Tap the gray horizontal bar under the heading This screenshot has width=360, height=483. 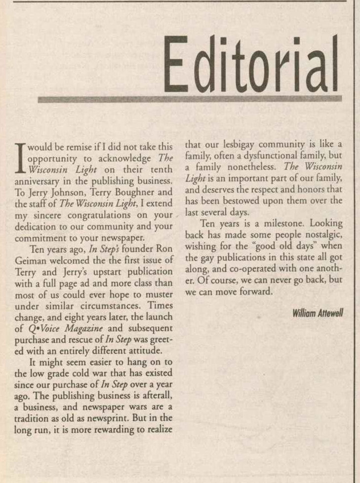pos(190,99)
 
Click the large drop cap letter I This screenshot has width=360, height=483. pos(20,157)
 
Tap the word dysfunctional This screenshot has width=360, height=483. pos(268,156)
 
